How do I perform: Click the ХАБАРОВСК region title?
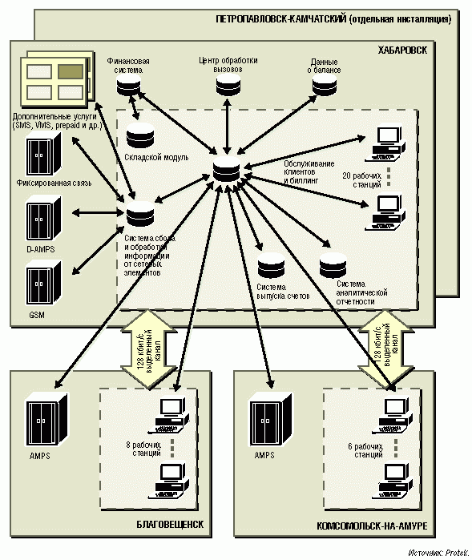coord(402,50)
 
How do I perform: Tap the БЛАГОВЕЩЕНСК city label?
coord(170,524)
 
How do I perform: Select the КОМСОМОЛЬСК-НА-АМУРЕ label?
coord(372,526)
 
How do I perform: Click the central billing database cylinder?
coord(227,170)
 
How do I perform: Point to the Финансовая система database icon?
coord(129,86)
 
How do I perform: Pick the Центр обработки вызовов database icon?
coord(228,86)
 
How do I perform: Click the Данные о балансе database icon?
coord(325,86)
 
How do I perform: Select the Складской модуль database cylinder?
coord(140,135)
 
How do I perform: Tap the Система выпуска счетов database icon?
coord(271,266)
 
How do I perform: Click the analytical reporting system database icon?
coord(333,266)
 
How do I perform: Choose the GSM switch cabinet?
coord(43,283)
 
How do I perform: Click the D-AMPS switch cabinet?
coord(43,218)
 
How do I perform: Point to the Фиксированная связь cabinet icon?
coord(43,154)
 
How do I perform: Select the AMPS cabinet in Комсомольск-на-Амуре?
coord(271,420)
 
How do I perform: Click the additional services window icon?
coord(57,79)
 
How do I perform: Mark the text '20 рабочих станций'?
coord(361,180)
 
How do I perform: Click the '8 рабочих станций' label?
coord(143,449)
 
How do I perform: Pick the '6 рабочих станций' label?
coord(365,451)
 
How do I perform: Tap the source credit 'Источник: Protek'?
coord(438,554)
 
